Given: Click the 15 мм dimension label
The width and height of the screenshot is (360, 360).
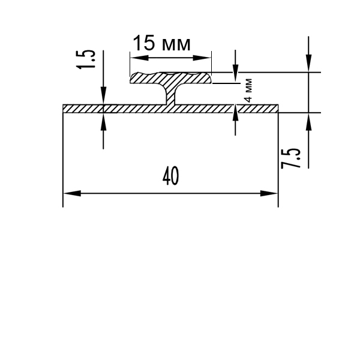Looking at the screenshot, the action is pos(161,43).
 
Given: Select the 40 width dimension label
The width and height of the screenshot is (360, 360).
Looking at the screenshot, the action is pos(170,176).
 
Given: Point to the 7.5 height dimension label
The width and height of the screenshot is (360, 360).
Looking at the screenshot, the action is pos(290,158).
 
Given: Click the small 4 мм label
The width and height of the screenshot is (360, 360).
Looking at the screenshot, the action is pos(248,90).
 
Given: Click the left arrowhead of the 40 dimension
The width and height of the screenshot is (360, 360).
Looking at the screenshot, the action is pos(72,193).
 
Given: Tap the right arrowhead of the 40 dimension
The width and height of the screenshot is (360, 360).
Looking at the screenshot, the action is pos(269,193).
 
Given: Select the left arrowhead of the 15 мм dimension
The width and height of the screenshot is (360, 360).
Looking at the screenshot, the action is pos(139,58).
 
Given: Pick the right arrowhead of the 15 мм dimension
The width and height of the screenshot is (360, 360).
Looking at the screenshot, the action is pos(202,58).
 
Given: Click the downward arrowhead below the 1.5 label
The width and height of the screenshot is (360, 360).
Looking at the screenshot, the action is pos(103,95).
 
